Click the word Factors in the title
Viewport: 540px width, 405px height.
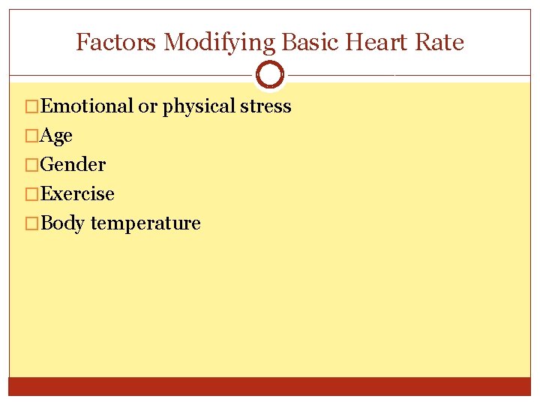pos(116,42)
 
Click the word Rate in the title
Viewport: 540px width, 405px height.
pos(442,42)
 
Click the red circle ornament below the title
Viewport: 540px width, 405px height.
pos(270,75)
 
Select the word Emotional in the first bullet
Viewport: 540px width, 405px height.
pos(87,106)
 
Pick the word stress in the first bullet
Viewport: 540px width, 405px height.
pos(265,106)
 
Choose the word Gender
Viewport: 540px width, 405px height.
pos(73,165)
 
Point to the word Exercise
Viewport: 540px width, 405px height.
pos(77,194)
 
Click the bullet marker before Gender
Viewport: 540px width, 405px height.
pos(31,165)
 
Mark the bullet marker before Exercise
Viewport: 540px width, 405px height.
pos(31,194)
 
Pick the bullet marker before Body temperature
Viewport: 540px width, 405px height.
pos(31,223)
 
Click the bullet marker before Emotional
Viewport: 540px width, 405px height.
pos(31,106)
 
